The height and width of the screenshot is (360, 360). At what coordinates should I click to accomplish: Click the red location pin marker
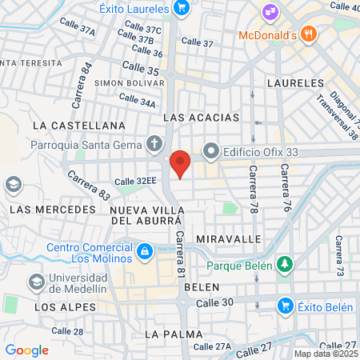pos(181,163)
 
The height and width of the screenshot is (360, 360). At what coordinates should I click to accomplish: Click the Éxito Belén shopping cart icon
pos(284,305)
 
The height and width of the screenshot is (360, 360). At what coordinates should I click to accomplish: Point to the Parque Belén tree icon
pos(285,264)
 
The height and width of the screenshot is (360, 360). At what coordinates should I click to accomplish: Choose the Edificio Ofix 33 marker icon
pos(211,150)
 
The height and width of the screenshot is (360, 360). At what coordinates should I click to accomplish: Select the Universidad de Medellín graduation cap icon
pos(36,282)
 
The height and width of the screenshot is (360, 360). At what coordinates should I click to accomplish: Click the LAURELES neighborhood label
pos(295,82)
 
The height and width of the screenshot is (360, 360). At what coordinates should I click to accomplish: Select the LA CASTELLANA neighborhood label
pos(78,126)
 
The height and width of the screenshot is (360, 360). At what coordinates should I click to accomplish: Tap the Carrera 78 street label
pos(253,184)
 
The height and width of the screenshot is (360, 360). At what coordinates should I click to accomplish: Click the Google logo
pos(26,350)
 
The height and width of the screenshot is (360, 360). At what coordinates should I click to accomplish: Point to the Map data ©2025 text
pos(325,354)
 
